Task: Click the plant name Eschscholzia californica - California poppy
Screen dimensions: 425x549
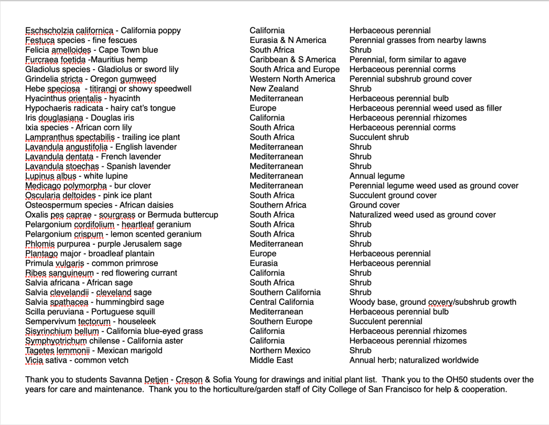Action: click(x=103, y=31)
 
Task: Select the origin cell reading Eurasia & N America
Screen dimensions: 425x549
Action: click(x=288, y=40)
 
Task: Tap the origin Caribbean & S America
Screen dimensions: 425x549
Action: click(x=292, y=60)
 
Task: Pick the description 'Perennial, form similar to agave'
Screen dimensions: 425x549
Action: click(x=407, y=60)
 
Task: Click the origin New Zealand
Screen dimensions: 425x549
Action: click(x=274, y=89)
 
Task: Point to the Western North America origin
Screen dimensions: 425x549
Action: click(x=292, y=79)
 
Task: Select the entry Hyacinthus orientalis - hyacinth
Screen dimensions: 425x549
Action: click(x=83, y=98)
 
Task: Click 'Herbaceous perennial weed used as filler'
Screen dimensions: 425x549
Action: click(x=426, y=108)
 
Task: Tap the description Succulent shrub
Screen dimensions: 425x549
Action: click(x=379, y=137)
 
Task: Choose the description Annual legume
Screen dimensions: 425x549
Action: click(x=377, y=176)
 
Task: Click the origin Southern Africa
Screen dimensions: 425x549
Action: click(x=277, y=205)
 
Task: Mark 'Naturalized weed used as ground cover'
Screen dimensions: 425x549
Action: click(x=422, y=215)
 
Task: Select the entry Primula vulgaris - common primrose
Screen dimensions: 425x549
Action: click(x=92, y=263)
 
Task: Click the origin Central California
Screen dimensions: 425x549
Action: click(x=281, y=302)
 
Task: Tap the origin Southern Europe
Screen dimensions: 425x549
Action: click(x=281, y=321)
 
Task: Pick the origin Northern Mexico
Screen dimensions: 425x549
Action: click(x=280, y=350)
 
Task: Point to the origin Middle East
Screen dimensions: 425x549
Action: click(x=272, y=360)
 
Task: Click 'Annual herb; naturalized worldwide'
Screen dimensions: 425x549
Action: click(x=414, y=360)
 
